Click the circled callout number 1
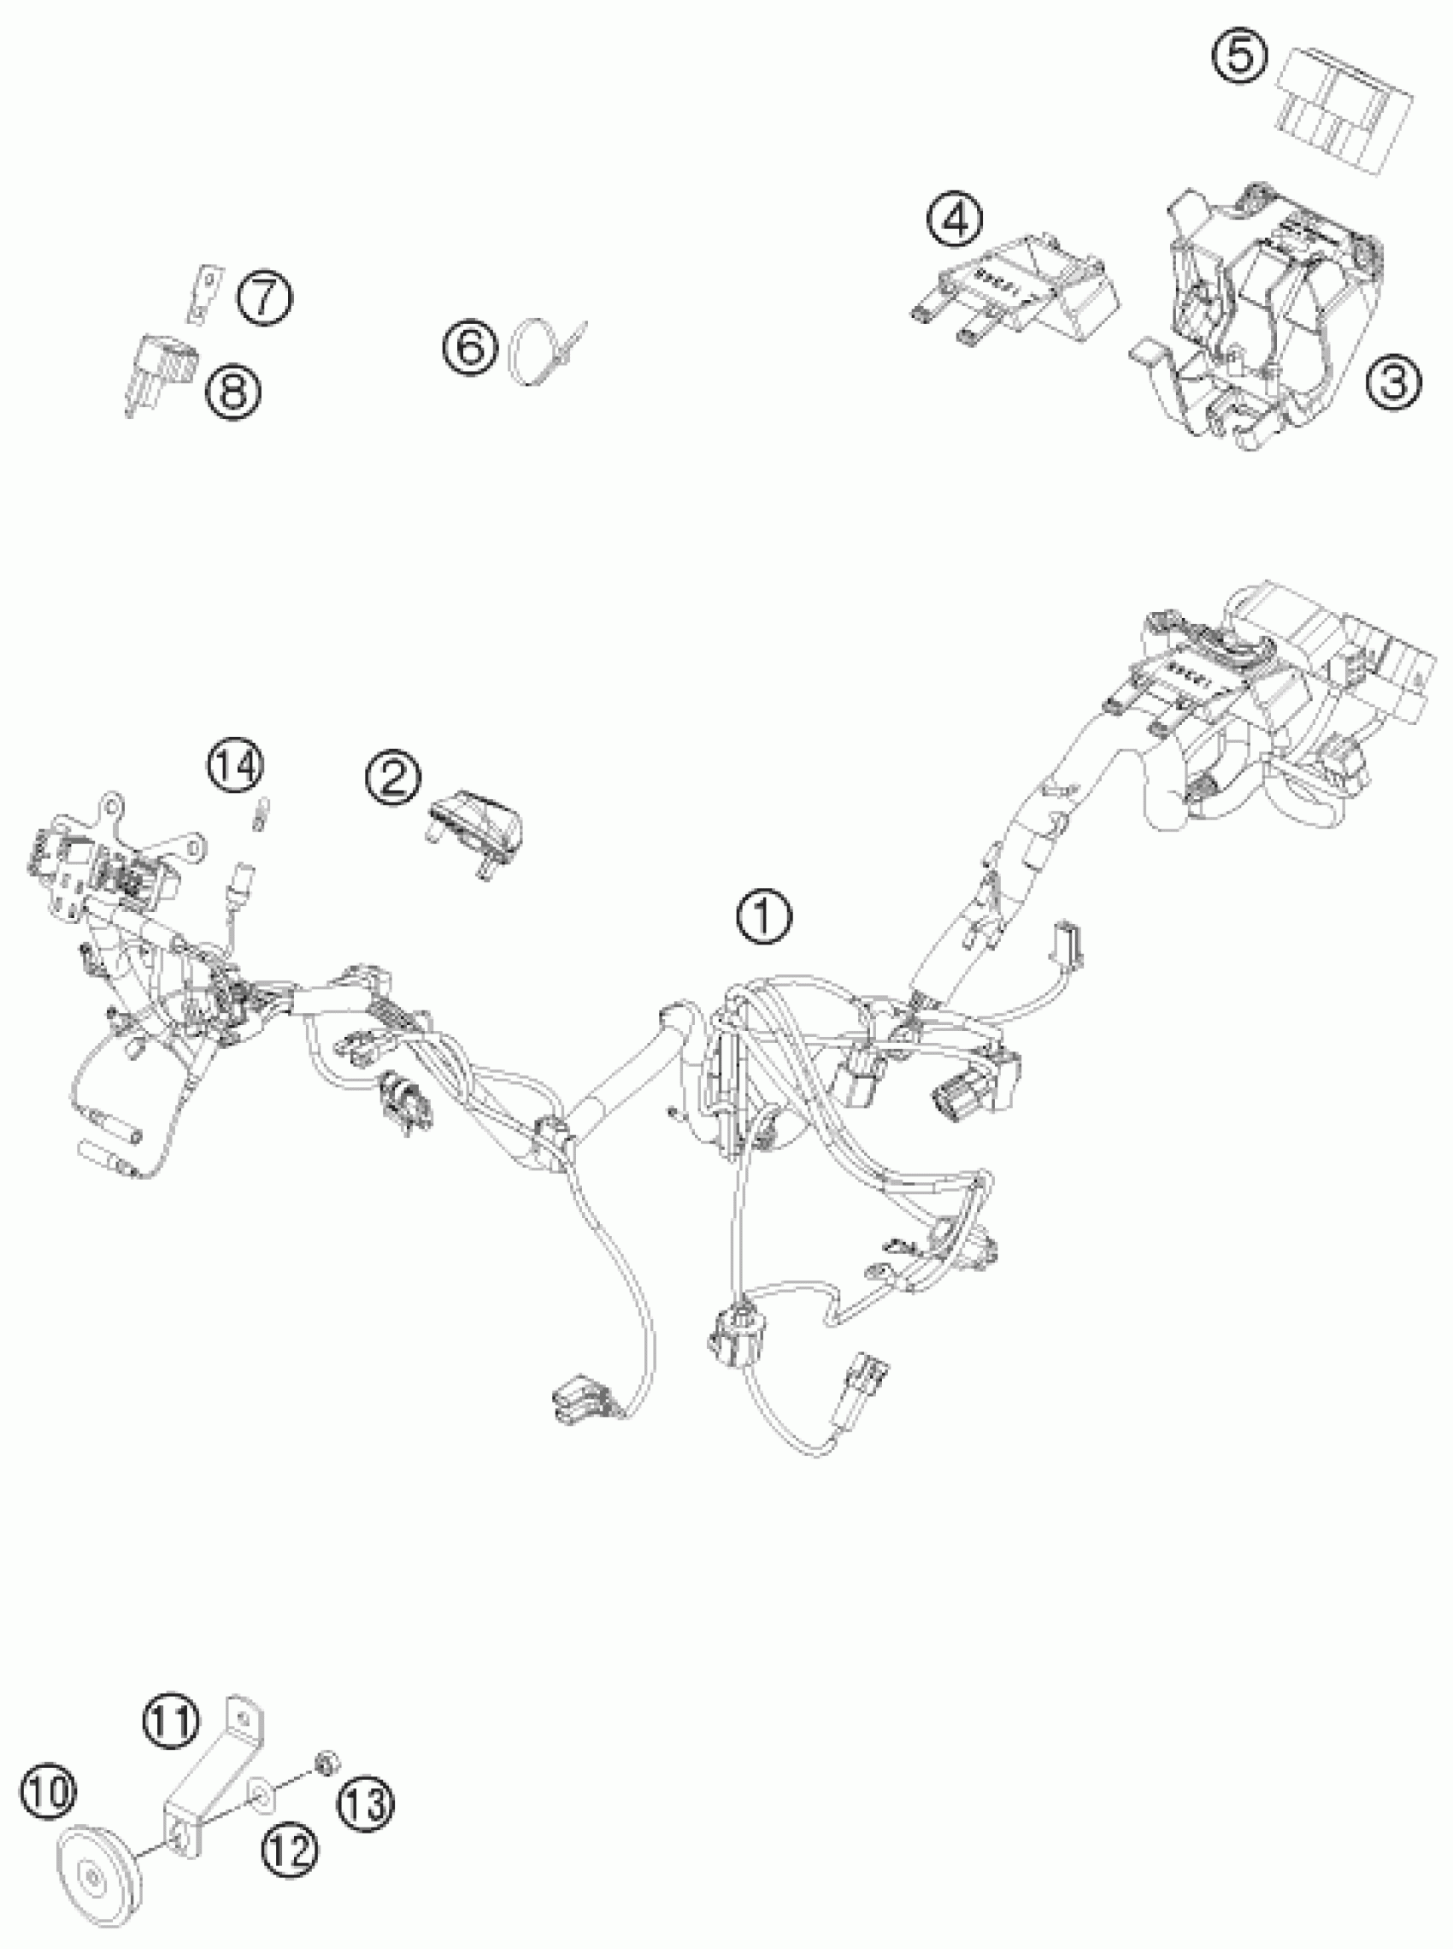[x=763, y=917]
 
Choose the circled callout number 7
[x=266, y=297]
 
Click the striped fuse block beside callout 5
[x=1343, y=109]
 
